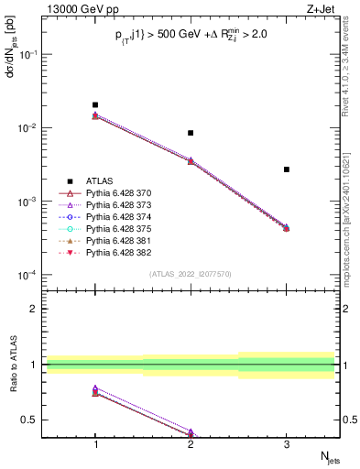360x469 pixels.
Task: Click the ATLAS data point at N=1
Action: coord(95,105)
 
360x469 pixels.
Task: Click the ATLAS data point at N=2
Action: coord(191,133)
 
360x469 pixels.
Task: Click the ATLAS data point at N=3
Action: coord(286,169)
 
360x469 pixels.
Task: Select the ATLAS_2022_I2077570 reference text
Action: coord(191,274)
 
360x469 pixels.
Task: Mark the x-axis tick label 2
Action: coord(191,442)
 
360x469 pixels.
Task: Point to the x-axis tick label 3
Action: coord(286,442)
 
